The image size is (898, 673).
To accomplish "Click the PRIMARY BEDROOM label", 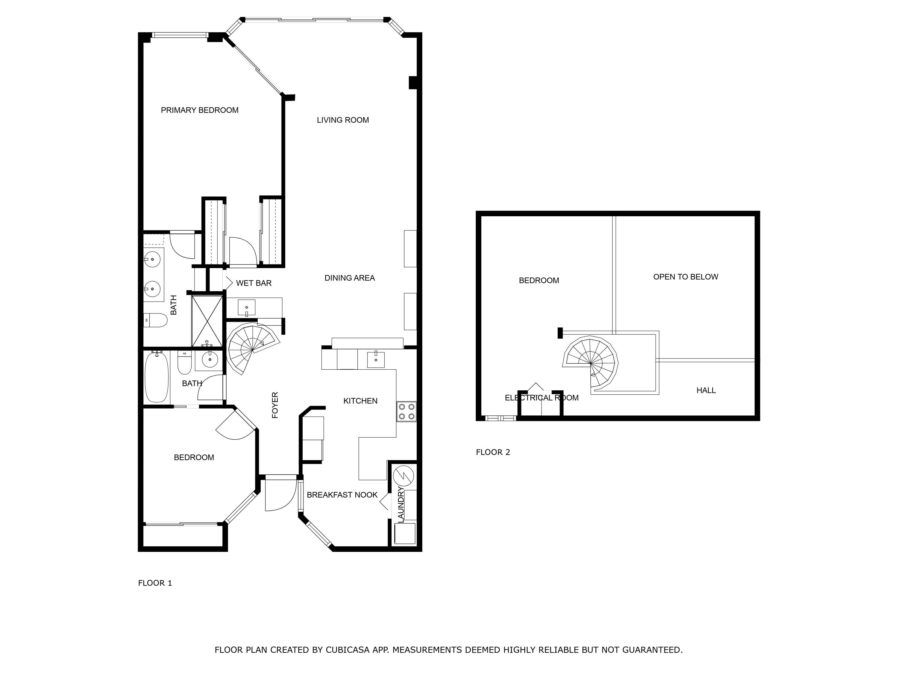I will [199, 110].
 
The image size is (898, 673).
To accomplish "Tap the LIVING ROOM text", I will [343, 120].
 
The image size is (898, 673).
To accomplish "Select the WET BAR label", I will [254, 283].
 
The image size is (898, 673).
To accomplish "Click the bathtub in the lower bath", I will [157, 377].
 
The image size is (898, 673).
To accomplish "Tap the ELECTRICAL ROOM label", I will [541, 398].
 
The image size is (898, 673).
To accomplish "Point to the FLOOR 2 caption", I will [493, 452].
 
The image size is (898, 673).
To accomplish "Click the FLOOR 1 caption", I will [155, 583].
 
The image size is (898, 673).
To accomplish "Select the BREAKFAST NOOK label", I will [342, 495].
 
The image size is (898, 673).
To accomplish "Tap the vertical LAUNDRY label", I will [401, 505].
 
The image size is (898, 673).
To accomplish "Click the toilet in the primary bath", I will [156, 320].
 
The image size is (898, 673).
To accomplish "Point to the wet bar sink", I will [246, 307].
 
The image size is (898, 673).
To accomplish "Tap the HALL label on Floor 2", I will [706, 390].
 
